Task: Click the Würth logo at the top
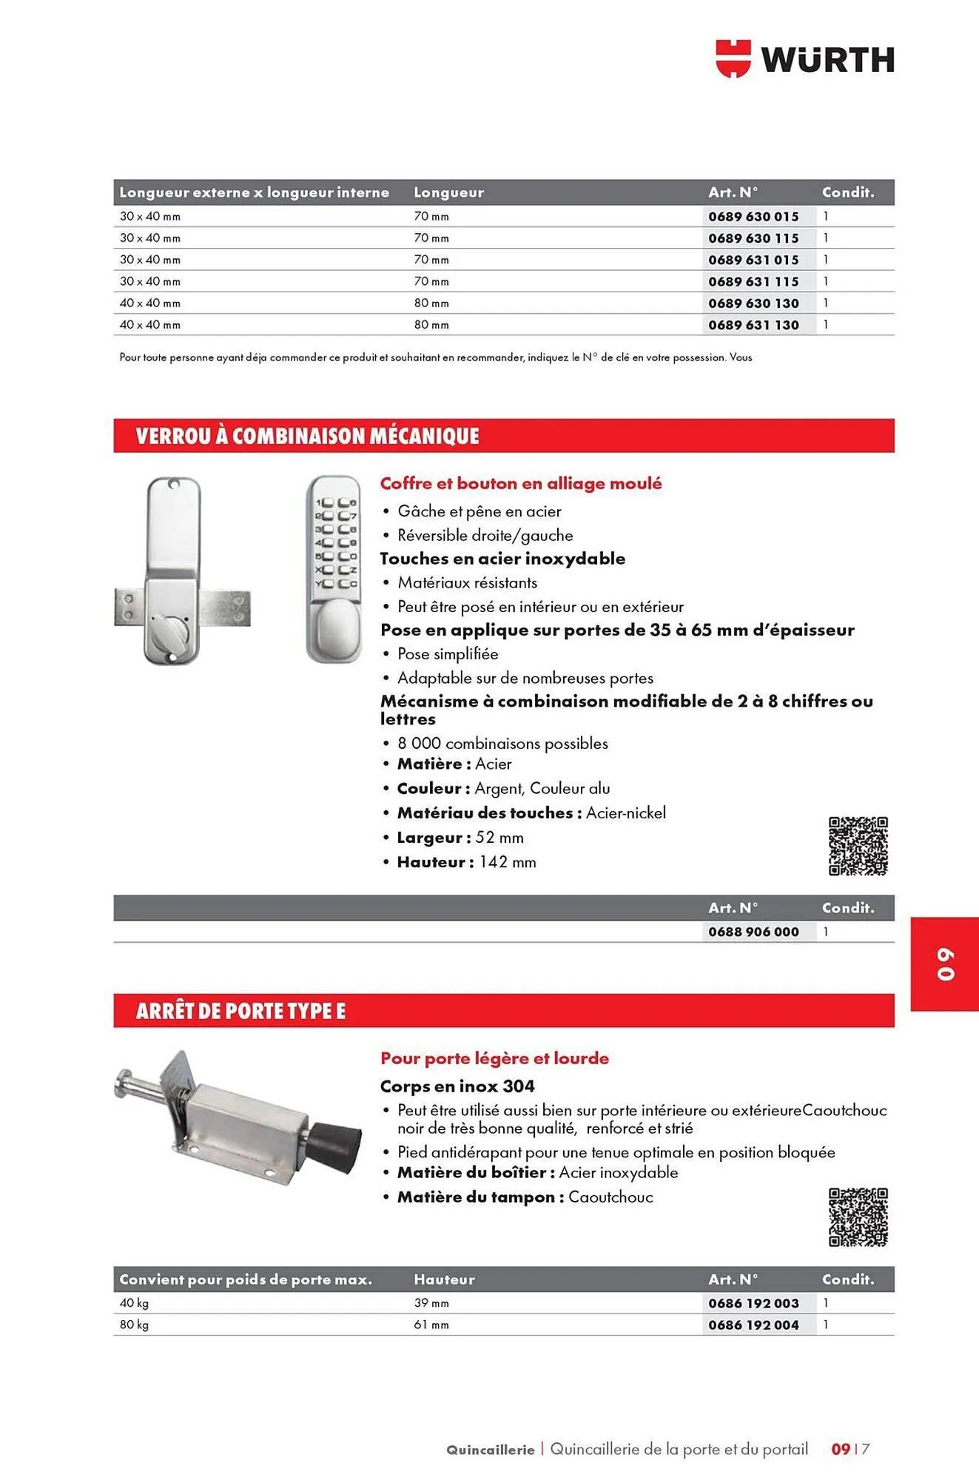point(804,59)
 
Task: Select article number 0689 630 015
point(753,217)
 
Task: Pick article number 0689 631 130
point(753,325)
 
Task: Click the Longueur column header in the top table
point(448,192)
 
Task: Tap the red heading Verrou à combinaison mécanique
point(307,436)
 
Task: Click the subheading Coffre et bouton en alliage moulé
point(520,483)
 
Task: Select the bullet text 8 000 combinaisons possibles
point(502,743)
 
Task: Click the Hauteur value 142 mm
point(507,862)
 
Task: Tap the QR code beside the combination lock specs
point(858,846)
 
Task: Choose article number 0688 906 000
point(753,932)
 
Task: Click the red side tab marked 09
point(945,964)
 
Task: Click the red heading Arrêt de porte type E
point(240,1011)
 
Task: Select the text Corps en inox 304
point(457,1086)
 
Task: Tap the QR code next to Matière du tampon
point(858,1217)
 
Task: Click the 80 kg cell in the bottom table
point(134,1325)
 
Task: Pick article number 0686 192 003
point(753,1303)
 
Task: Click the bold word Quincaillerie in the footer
point(490,1450)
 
